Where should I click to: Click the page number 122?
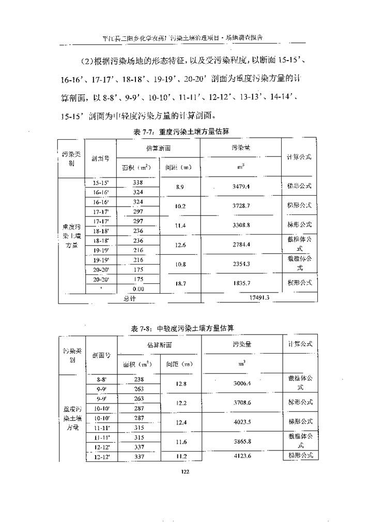tap(185, 471)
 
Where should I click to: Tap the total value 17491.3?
tap(258, 297)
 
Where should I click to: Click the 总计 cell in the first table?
tap(129, 298)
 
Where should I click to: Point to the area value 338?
tap(138, 182)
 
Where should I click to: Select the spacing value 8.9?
tap(180, 186)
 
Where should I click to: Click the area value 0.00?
tap(138, 288)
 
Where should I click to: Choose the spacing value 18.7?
tap(180, 283)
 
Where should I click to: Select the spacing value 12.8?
tap(180, 383)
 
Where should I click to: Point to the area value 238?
tap(139, 379)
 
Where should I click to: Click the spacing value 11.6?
tap(180, 441)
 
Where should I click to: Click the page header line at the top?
tap(185, 37)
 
